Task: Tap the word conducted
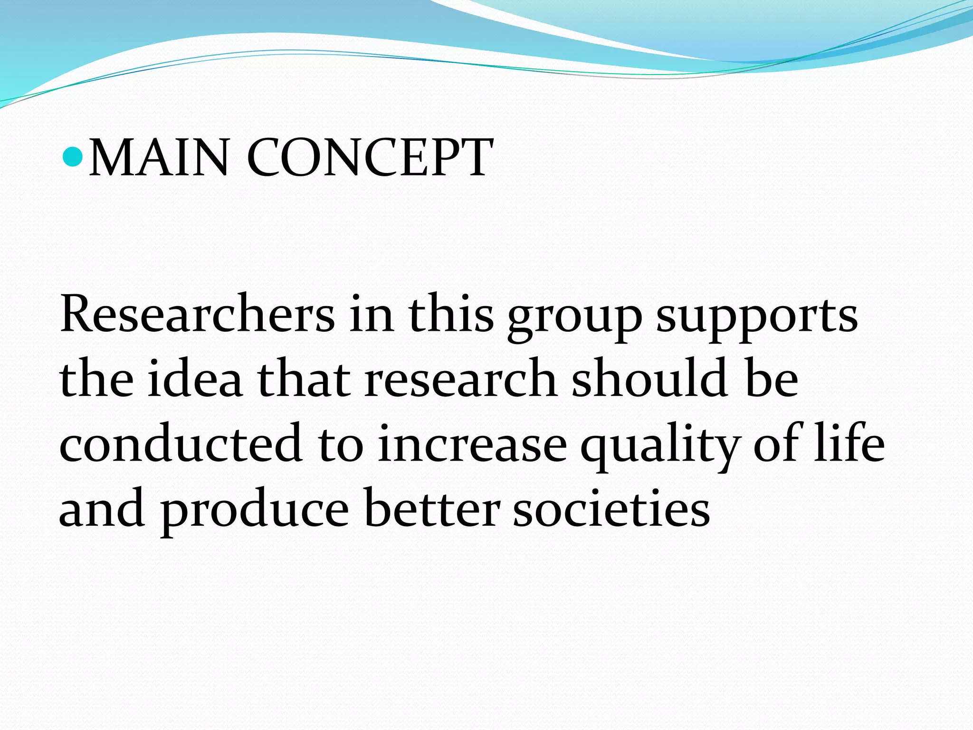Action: point(181,443)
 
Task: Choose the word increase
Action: point(472,443)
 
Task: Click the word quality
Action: point(659,447)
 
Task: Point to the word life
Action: point(849,443)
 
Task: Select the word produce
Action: point(255,511)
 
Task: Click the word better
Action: point(432,508)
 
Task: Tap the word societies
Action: point(611,508)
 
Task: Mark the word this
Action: point(451,314)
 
